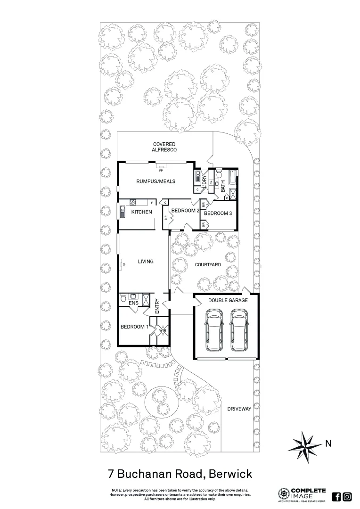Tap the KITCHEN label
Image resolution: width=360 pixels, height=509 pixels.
point(141,212)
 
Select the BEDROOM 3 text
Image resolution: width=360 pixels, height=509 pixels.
point(218,213)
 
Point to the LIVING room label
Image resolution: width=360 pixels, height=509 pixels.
point(146,261)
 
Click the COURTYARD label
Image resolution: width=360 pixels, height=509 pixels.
point(208,265)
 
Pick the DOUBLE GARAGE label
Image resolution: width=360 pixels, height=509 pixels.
point(225,300)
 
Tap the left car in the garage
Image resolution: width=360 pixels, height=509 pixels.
point(213,331)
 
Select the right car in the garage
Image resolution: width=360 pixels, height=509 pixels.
point(239,331)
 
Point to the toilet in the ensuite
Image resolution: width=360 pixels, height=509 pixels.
point(123,297)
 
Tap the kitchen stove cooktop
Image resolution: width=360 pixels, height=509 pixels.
point(132,203)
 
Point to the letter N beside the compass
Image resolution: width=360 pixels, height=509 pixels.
point(328,443)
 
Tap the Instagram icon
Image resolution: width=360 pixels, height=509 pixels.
point(347,496)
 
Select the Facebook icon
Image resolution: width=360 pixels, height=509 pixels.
point(336,496)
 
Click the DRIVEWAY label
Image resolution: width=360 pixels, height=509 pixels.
point(239,409)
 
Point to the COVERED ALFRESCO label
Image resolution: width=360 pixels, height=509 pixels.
point(164,147)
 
